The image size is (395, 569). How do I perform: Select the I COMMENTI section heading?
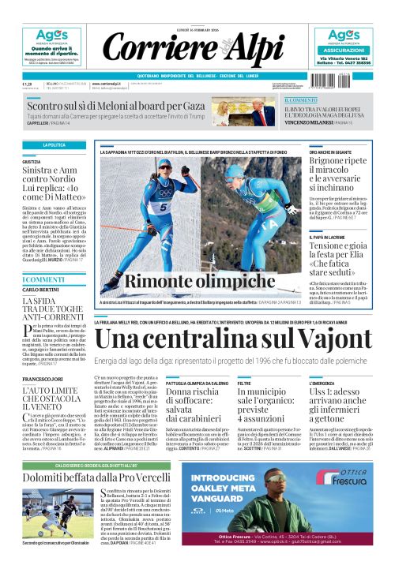tap(43, 279)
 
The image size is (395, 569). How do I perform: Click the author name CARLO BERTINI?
tap(40, 290)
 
